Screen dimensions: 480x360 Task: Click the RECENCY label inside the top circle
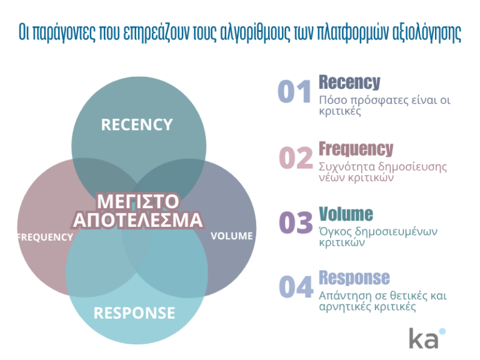[137, 125]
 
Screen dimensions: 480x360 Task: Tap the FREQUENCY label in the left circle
[45, 237]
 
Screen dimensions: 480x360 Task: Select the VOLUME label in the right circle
[232, 236]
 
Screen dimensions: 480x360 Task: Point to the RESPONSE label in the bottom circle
[134, 313]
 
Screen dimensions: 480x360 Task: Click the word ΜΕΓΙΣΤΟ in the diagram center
[137, 201]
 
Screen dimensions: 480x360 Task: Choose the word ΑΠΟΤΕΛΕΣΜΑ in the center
[137, 220]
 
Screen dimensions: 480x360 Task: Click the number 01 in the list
[294, 91]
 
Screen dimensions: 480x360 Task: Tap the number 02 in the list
[296, 157]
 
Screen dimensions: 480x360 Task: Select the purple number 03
[296, 222]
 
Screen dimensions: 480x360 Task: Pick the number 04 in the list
[296, 286]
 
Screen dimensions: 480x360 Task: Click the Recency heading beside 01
[349, 82]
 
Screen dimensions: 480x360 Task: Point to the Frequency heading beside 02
[356, 149]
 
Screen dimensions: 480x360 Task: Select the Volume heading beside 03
[346, 214]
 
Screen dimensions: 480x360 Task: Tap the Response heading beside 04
[354, 278]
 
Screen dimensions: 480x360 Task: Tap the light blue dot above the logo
[442, 331]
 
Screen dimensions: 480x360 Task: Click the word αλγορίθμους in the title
[255, 32]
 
